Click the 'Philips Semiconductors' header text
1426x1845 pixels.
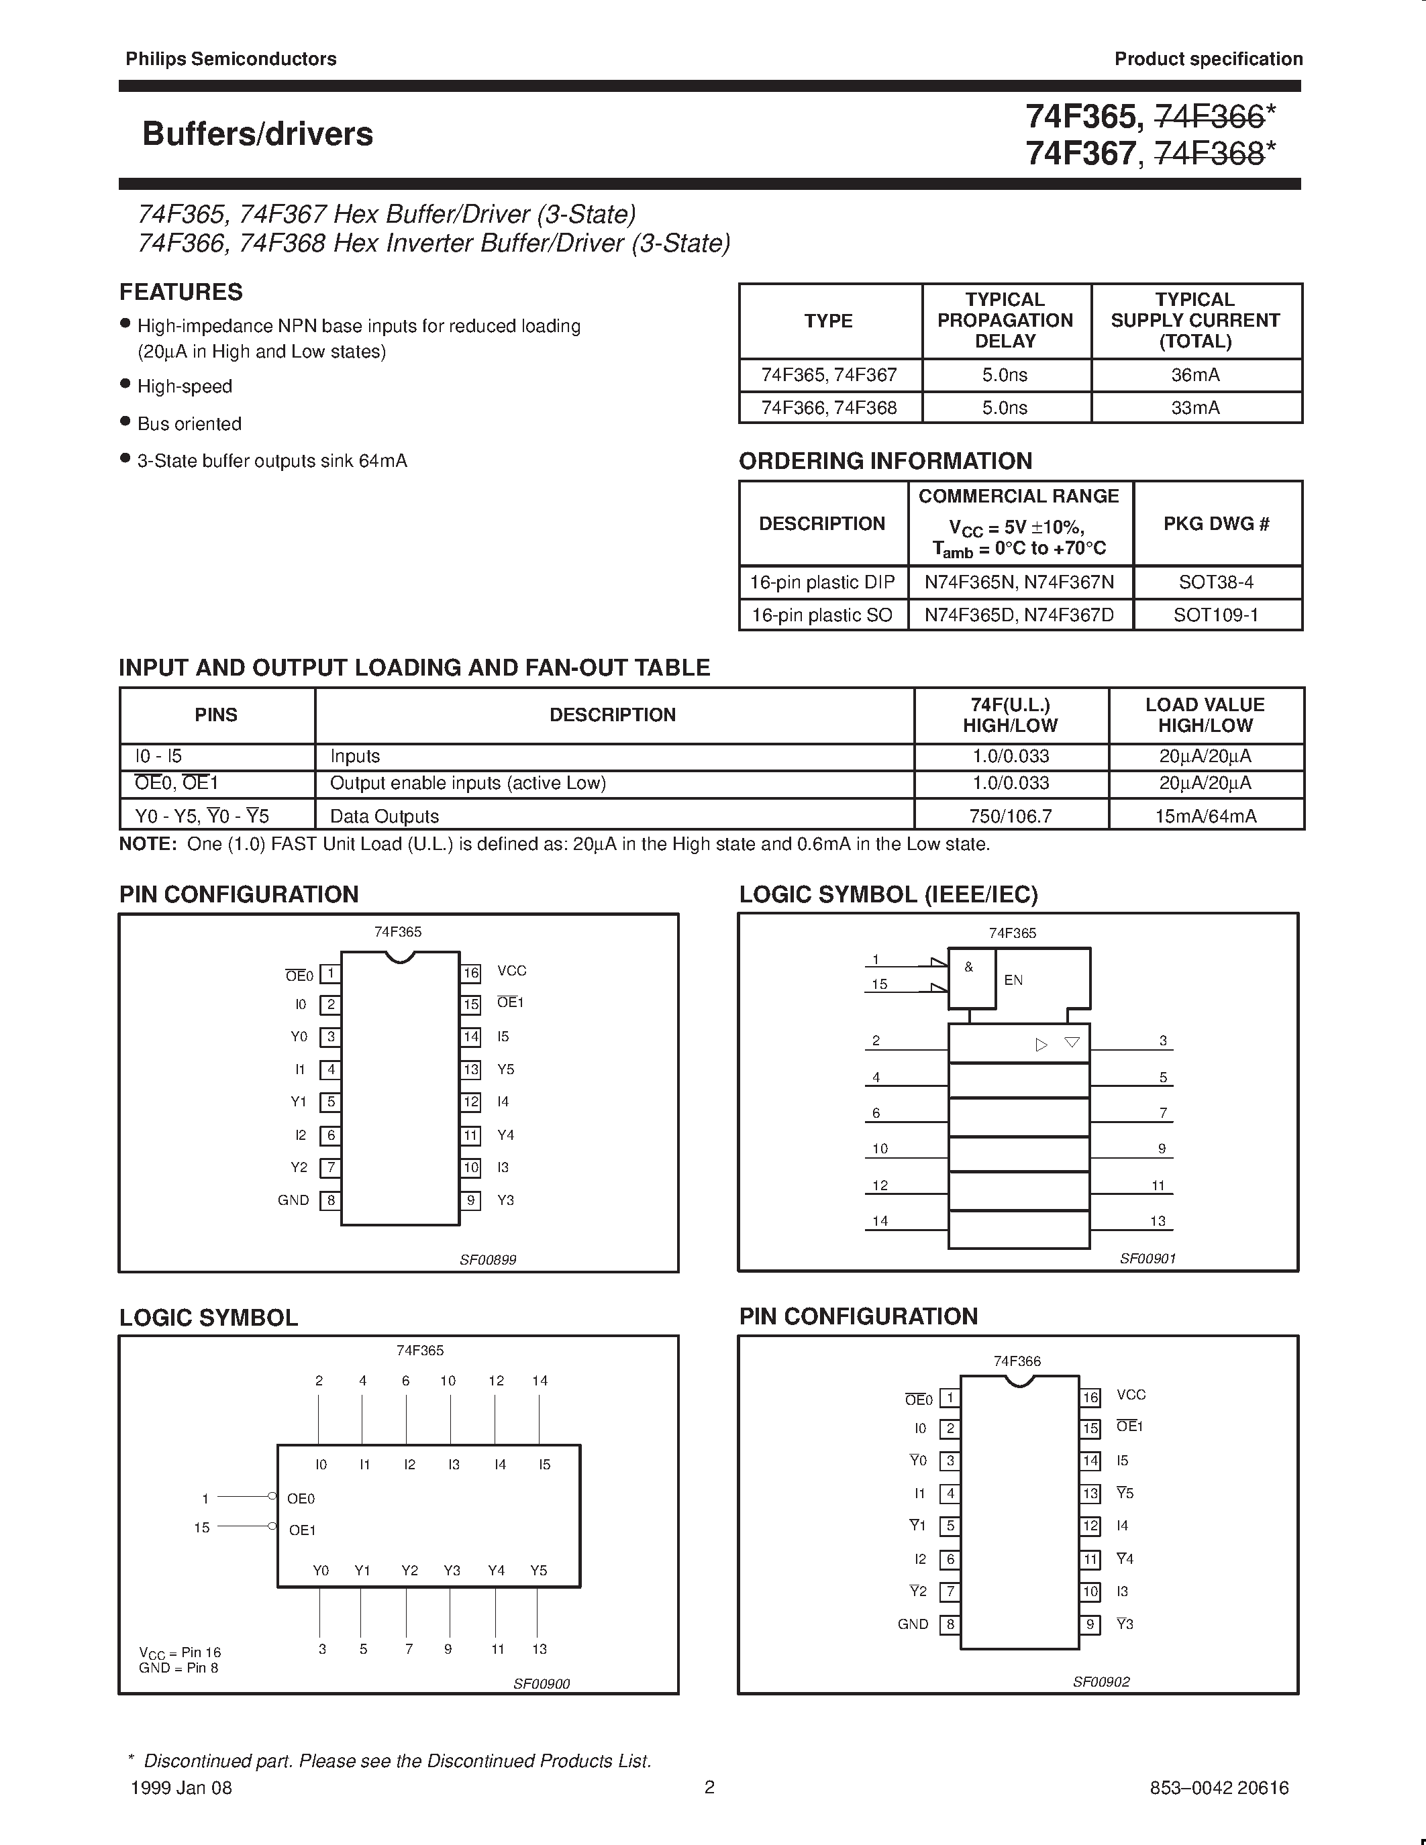[x=231, y=59]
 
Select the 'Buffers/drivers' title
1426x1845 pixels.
[x=258, y=134]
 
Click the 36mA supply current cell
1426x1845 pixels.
[x=1194, y=375]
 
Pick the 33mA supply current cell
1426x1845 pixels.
[x=1194, y=408]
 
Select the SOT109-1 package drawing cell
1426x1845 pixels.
[x=1216, y=615]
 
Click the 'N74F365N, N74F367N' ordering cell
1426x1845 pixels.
[x=1019, y=583]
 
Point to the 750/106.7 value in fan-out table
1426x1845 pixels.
[x=1011, y=816]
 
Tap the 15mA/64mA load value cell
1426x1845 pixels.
[x=1205, y=816]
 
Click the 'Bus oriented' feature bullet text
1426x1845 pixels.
[x=189, y=424]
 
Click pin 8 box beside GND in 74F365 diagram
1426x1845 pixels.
[x=330, y=1200]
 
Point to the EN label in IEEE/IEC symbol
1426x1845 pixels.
[x=1013, y=980]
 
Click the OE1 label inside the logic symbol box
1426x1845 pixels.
[x=301, y=1530]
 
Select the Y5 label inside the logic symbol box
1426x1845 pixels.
[x=538, y=1571]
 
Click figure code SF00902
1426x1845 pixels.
[x=1101, y=1682]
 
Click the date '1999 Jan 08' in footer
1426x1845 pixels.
[x=182, y=1789]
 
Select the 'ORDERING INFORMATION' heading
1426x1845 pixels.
[x=885, y=462]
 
